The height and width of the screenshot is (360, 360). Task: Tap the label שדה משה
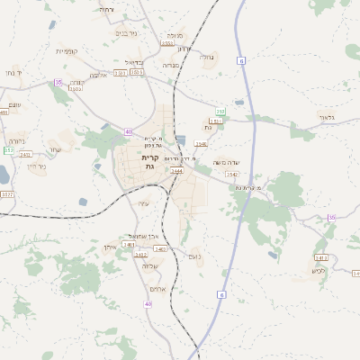[224, 162]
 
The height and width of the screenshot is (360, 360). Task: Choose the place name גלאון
[326, 117]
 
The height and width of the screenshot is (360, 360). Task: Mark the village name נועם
[193, 256]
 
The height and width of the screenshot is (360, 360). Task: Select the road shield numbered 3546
[200, 143]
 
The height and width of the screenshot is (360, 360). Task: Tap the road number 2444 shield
[176, 170]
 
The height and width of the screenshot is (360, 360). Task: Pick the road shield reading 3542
[232, 174]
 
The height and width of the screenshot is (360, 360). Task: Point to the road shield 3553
[167, 42]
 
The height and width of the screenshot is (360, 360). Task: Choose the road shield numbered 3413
[320, 257]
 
